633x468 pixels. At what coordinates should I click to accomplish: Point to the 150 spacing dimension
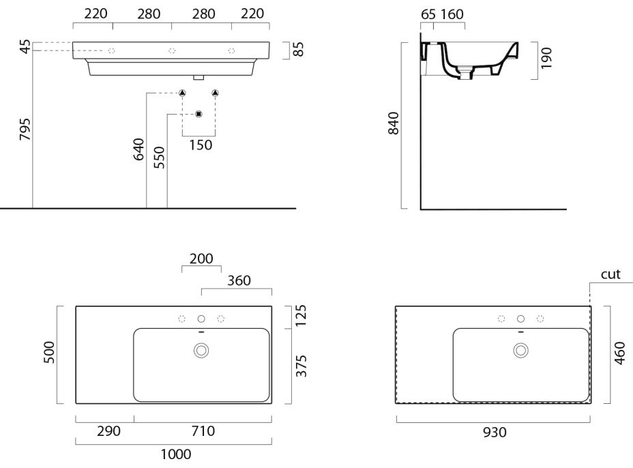199,145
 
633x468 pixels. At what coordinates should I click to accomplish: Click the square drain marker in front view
198,113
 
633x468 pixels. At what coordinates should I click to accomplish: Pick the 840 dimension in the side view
394,123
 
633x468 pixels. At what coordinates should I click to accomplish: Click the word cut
610,274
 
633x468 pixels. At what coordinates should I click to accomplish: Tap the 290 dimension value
109,431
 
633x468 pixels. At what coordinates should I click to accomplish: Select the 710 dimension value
203,431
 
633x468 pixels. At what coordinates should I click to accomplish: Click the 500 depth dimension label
50,353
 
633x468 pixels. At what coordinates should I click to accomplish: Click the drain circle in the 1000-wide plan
201,350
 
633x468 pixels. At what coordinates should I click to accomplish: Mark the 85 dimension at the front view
298,49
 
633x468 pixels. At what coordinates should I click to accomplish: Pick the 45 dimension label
25,47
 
